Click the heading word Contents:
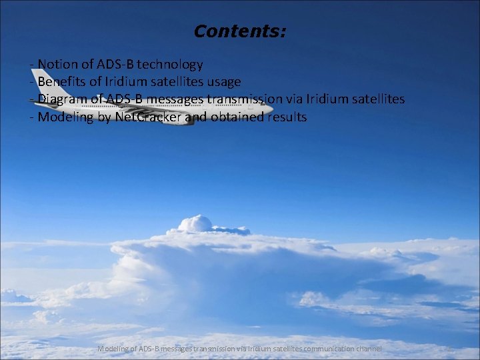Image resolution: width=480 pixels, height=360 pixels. (x=239, y=31)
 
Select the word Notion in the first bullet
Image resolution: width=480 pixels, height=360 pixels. (x=57, y=65)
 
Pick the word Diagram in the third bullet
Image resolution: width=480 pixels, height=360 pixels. (x=62, y=99)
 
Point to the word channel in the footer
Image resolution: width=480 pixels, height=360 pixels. (x=369, y=349)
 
